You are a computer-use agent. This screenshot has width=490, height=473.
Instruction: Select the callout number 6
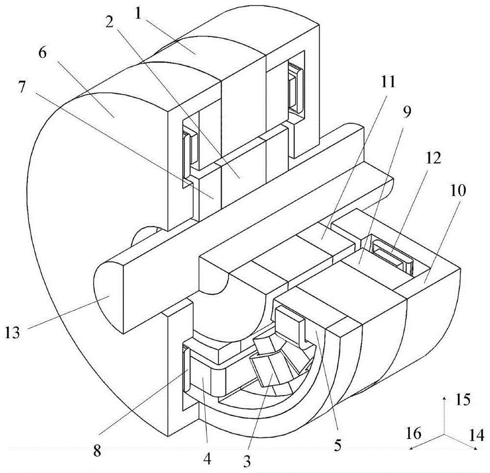pyautogui.click(x=42, y=54)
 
